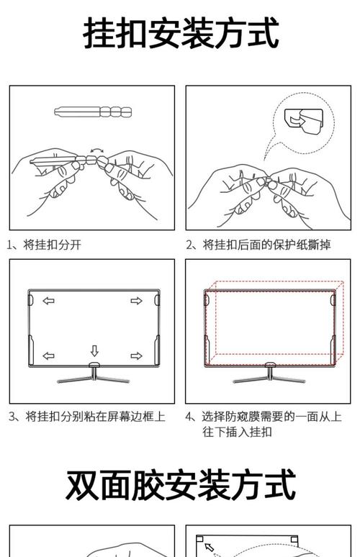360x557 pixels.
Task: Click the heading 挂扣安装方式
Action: pyautogui.click(x=181, y=34)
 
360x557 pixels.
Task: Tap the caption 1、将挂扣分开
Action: pyautogui.click(x=45, y=245)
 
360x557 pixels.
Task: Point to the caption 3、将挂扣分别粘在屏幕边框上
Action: pyautogui.click(x=87, y=417)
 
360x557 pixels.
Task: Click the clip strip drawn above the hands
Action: pyautogui.click(x=92, y=112)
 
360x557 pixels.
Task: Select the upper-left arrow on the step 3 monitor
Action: pyautogui.click(x=48, y=301)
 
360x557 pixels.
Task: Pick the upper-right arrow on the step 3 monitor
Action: pyautogui.click(x=136, y=301)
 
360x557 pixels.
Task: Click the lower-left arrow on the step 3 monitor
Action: pyautogui.click(x=48, y=356)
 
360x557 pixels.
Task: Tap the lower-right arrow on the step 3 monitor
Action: pyautogui.click(x=136, y=356)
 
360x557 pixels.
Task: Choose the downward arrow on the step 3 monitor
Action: pyautogui.click(x=94, y=351)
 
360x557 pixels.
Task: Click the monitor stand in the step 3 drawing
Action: pyautogui.click(x=93, y=374)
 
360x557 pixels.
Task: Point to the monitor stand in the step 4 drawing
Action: pyautogui.click(x=269, y=374)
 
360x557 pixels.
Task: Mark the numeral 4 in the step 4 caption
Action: pyautogui.click(x=189, y=417)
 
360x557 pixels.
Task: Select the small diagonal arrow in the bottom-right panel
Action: pyautogui.click(x=210, y=548)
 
